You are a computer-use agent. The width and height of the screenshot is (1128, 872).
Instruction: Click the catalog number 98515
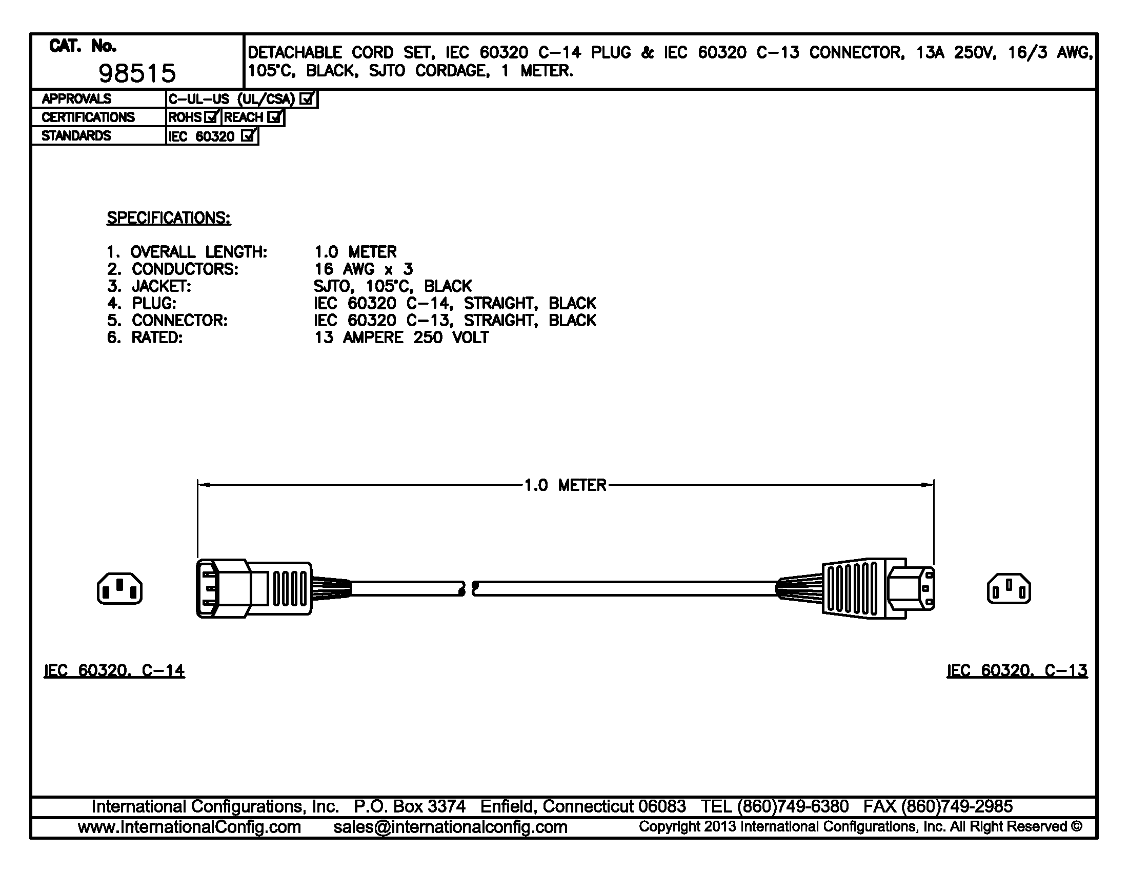pyautogui.click(x=137, y=74)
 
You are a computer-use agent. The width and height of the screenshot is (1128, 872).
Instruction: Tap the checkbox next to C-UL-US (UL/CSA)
pyautogui.click(x=307, y=98)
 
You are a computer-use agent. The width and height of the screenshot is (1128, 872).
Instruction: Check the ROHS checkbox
pyautogui.click(x=211, y=117)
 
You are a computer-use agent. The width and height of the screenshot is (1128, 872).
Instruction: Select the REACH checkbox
pyautogui.click(x=275, y=117)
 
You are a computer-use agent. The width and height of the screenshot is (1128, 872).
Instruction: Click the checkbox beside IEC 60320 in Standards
pyautogui.click(x=249, y=135)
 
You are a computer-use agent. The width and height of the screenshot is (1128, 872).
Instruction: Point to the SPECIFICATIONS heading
pyautogui.click(x=169, y=218)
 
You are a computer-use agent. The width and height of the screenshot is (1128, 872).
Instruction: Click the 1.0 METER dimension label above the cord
pyautogui.click(x=566, y=485)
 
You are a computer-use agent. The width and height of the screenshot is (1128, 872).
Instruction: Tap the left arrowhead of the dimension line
pyautogui.click(x=204, y=485)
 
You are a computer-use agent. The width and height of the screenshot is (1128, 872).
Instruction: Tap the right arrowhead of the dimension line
pyautogui.click(x=928, y=485)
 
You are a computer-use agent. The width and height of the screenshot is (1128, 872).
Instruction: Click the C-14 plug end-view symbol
pyautogui.click(x=119, y=588)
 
